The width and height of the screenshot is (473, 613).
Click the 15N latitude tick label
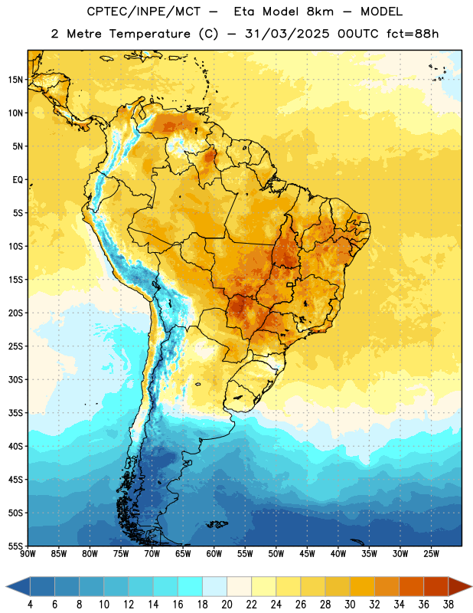(15, 80)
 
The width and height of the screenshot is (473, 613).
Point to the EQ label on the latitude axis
(18, 180)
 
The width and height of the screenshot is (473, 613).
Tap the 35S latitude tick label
(15, 413)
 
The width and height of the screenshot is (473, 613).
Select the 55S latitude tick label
(15, 546)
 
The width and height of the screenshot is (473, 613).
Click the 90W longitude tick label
(28, 554)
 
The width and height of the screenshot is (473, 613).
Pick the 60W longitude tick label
(214, 554)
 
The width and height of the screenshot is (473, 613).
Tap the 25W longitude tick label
(431, 554)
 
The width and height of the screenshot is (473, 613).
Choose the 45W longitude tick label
(307, 554)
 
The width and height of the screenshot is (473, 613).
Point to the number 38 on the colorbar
(448, 605)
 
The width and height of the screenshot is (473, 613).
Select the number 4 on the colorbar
(30, 605)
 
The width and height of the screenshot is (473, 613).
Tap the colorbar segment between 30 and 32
(362, 587)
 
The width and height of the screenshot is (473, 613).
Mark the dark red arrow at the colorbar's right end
(460, 587)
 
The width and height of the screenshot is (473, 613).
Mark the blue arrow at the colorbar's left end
(18, 587)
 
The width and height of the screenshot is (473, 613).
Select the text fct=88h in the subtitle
(413, 34)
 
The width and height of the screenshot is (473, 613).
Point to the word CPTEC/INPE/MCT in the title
(143, 11)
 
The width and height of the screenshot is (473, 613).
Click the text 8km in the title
(320, 11)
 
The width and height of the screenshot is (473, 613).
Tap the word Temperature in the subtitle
(149, 34)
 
